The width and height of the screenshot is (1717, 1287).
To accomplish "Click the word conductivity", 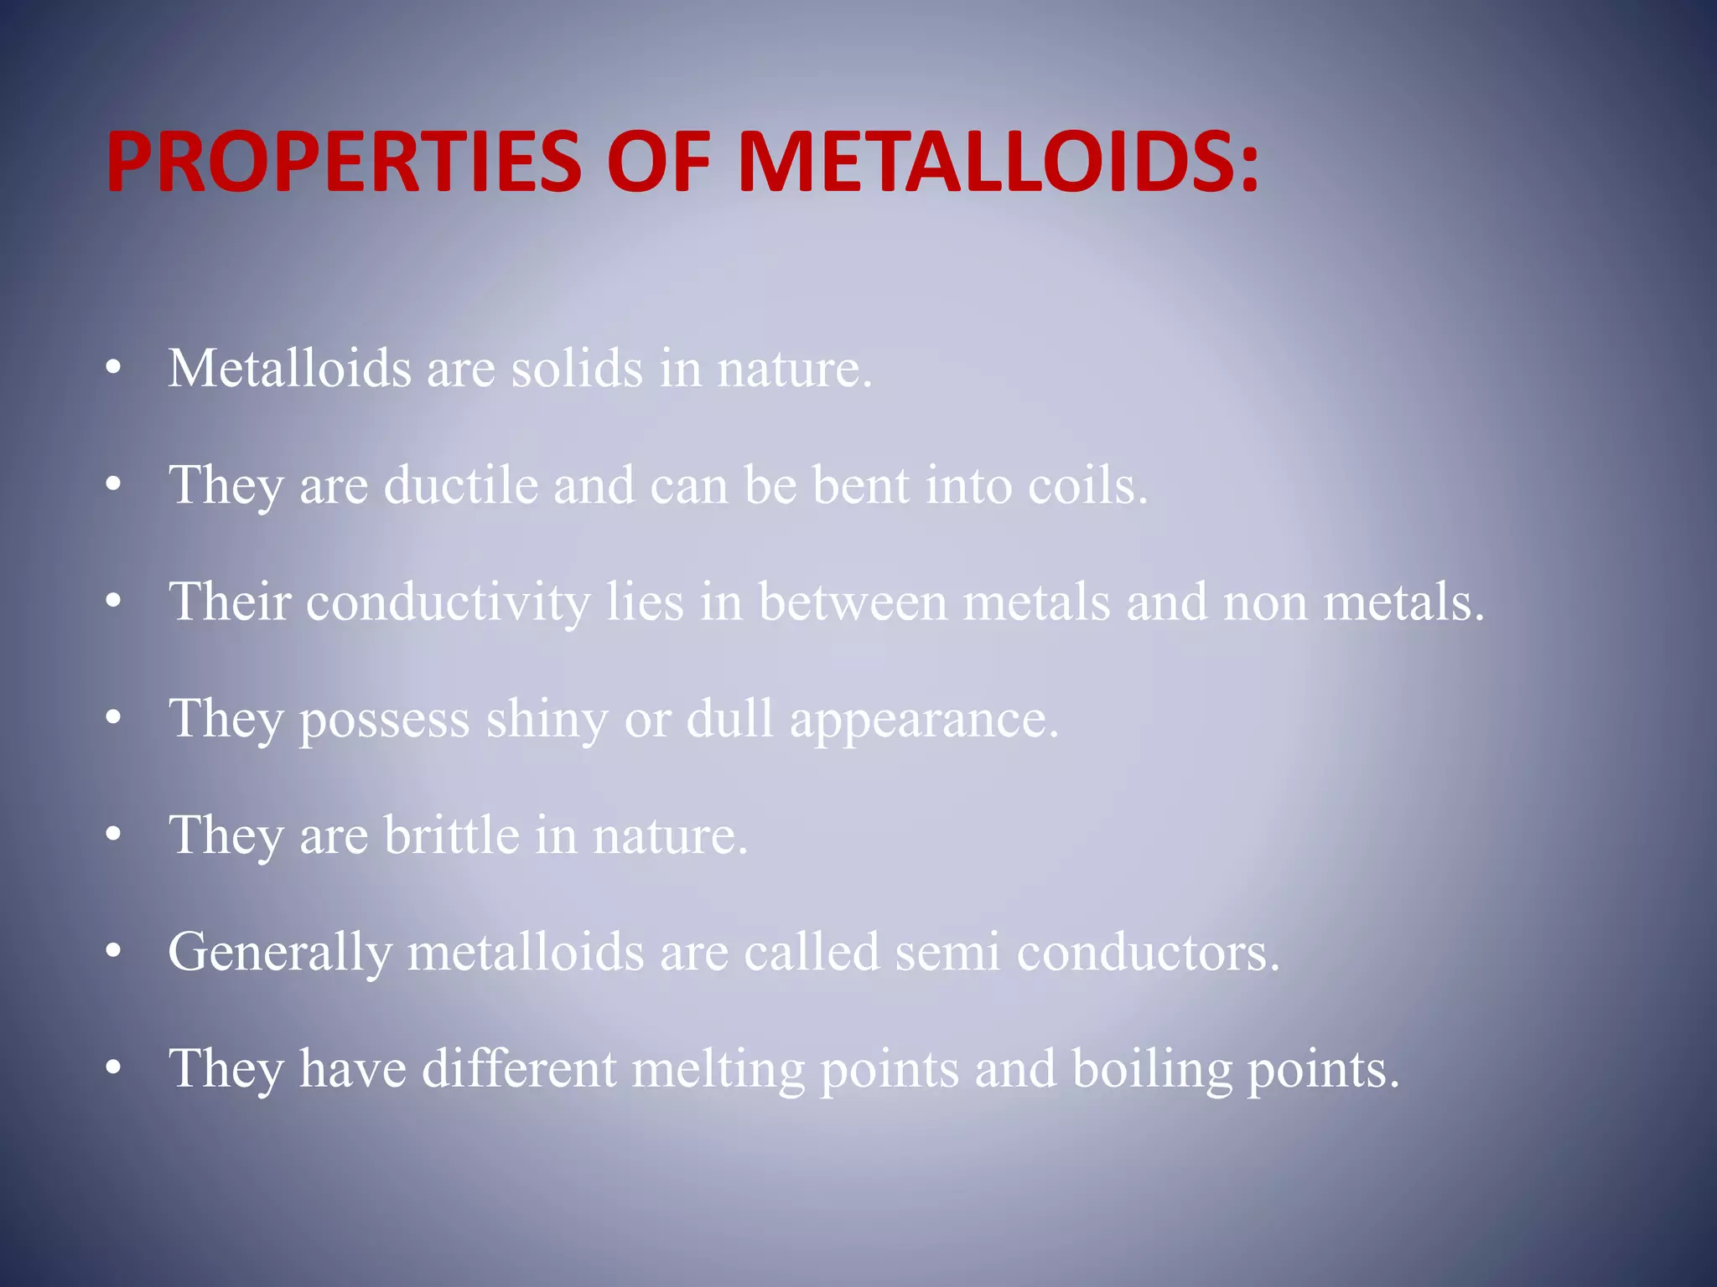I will point(448,602).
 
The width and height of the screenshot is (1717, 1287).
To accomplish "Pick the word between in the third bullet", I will point(853,602).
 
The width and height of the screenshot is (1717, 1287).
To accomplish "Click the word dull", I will point(729,718).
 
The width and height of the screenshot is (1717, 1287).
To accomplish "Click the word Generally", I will point(280,954).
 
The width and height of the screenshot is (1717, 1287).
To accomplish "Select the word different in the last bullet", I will point(519,1068).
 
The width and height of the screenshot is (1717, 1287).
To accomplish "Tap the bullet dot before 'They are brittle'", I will point(114,835).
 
